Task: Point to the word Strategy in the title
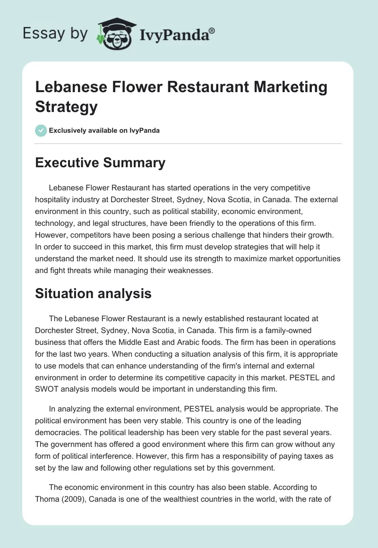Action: coord(66,106)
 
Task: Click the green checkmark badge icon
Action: coord(41,130)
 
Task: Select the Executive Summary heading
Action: coord(100,163)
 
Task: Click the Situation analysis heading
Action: coord(94,293)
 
